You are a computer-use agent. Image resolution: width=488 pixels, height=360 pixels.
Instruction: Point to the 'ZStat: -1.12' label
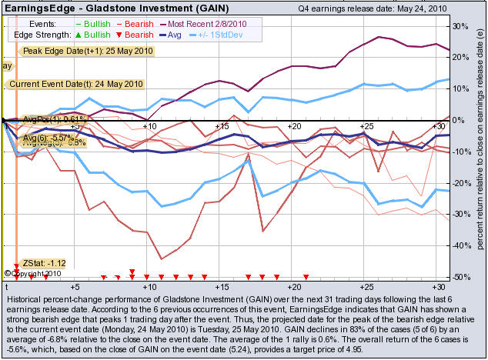pos(45,262)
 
